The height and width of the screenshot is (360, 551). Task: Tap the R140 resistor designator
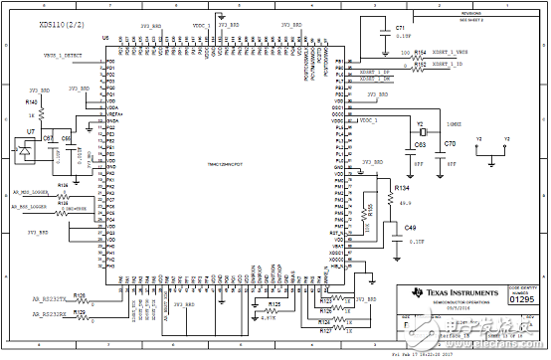click(x=32, y=101)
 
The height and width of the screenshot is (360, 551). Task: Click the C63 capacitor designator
click(x=420, y=145)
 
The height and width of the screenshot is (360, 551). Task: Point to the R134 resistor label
click(x=402, y=187)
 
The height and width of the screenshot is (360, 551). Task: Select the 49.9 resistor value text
click(x=404, y=202)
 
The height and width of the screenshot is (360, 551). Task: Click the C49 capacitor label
click(x=410, y=228)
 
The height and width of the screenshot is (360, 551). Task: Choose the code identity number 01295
click(x=523, y=296)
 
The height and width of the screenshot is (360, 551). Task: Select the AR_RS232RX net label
click(x=50, y=313)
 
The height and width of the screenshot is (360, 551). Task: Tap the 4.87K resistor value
click(x=266, y=318)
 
